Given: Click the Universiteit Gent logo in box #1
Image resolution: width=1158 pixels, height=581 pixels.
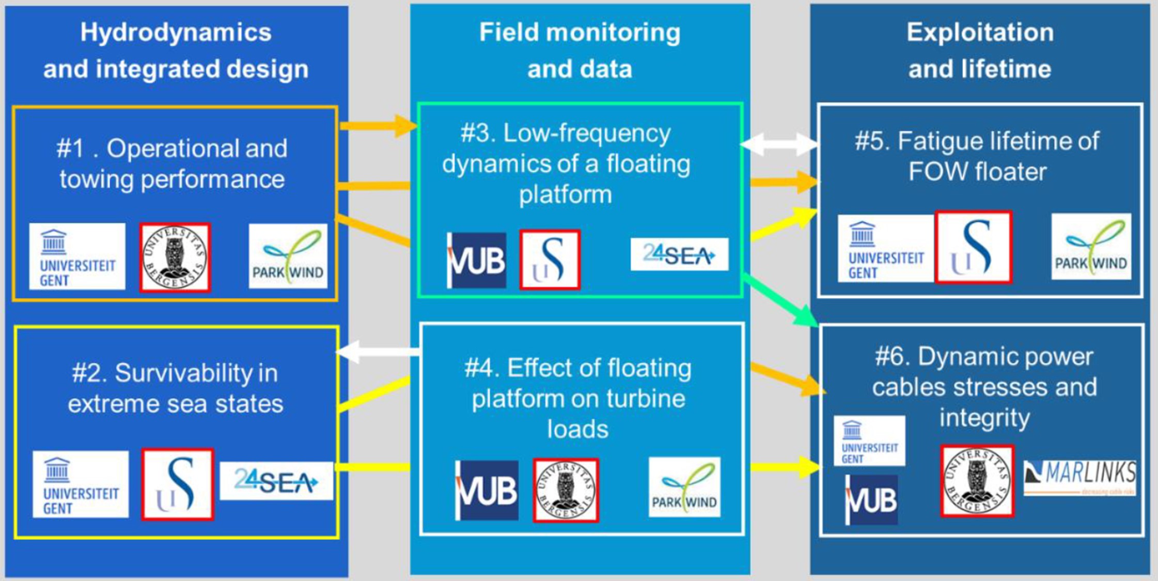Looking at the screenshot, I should [x=77, y=256].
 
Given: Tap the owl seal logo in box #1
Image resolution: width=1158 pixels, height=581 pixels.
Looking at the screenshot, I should [x=175, y=257].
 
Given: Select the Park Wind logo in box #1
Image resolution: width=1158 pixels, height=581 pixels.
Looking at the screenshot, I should [x=288, y=256].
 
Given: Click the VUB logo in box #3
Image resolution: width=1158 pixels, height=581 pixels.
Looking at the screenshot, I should [x=476, y=260].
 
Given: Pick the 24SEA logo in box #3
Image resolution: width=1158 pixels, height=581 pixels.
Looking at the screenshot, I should [x=679, y=254].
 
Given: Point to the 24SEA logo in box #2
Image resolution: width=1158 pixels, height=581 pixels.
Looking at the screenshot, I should [x=276, y=481].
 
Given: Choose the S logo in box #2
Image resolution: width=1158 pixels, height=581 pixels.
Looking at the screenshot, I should [x=178, y=484].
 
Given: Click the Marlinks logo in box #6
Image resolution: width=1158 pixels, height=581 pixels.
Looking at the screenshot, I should [x=1079, y=477].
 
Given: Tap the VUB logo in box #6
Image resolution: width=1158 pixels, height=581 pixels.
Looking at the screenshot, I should [x=871, y=500].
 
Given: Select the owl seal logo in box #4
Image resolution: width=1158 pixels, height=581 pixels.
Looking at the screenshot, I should [x=566, y=490].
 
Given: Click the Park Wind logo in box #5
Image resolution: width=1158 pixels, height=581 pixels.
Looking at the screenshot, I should [x=1091, y=247].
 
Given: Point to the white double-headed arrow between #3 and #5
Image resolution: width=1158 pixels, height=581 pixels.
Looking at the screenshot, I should [x=779, y=144].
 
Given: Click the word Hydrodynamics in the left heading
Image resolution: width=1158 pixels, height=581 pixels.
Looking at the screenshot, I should [x=176, y=33].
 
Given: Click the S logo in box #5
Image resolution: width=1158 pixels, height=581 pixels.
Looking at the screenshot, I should [x=973, y=247].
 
